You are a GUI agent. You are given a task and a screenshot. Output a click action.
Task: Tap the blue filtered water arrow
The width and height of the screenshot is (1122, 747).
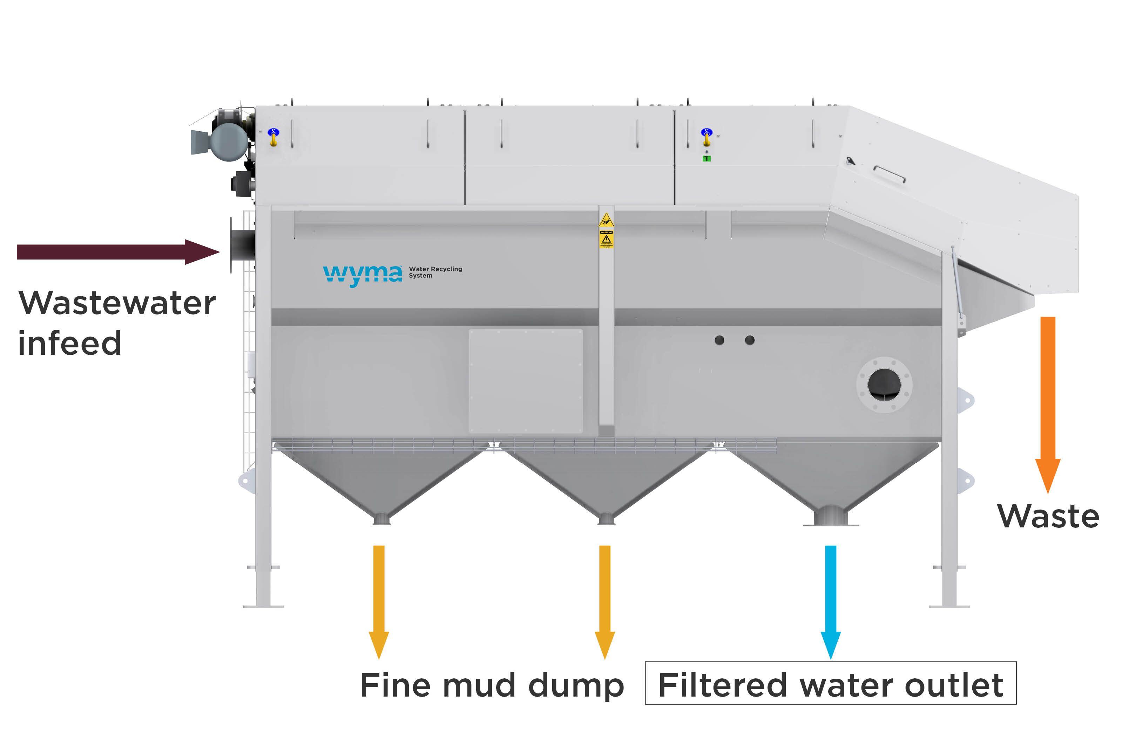point(830,600)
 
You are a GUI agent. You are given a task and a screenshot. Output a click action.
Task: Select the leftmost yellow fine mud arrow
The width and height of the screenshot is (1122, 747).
point(379,600)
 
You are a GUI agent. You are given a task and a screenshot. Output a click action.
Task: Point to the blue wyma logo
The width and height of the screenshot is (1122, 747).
point(363,275)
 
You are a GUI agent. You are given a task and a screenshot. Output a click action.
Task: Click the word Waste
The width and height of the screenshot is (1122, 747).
point(1048,517)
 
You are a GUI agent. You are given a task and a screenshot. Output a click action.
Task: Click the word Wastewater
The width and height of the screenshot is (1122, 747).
point(117,304)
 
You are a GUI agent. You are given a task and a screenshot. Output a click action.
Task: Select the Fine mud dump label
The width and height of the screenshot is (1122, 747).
point(492,686)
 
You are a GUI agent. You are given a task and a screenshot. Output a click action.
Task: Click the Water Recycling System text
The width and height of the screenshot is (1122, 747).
point(434,272)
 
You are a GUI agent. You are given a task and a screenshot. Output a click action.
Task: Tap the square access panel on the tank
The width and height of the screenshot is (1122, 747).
point(526,381)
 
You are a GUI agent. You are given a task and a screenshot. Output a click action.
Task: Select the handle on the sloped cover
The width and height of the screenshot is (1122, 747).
point(889,174)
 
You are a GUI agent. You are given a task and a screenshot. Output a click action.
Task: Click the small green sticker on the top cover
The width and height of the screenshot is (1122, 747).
point(707,159)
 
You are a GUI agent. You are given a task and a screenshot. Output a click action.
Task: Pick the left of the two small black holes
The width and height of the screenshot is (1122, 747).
point(719,340)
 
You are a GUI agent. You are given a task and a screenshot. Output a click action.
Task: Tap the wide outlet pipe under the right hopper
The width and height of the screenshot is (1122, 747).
point(830,516)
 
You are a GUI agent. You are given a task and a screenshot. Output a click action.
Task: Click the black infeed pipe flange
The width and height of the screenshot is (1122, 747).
point(242,245)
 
